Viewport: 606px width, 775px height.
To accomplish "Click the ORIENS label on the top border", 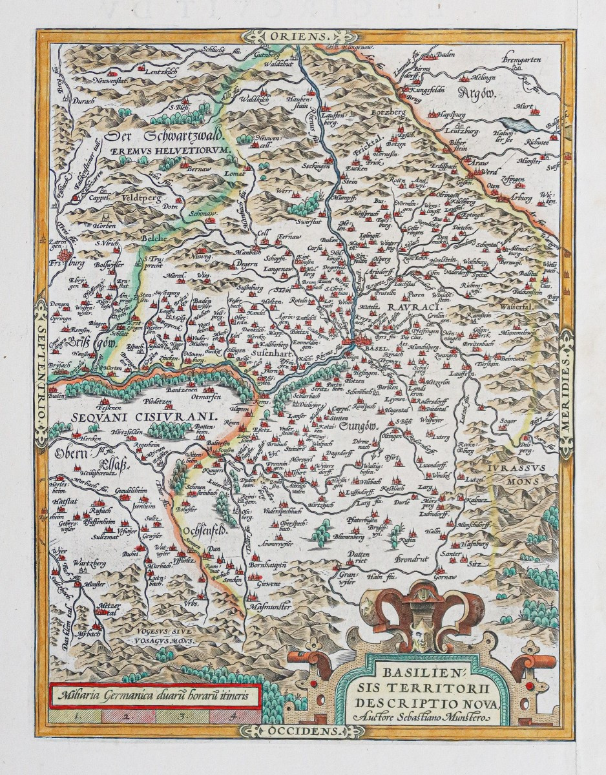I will click(x=304, y=36).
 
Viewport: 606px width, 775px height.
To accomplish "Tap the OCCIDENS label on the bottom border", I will click(x=304, y=731).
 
